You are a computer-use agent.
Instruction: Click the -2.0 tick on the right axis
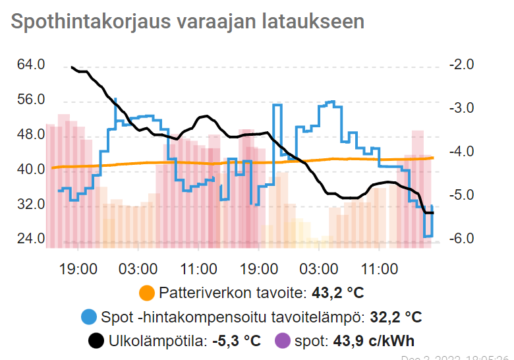(461, 65)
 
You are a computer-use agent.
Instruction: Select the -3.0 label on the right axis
(461, 108)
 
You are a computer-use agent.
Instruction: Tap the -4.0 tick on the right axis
(461, 152)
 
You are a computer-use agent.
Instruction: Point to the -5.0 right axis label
(461, 195)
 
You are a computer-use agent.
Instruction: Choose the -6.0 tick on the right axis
(461, 239)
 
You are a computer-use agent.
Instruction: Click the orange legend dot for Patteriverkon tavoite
(146, 293)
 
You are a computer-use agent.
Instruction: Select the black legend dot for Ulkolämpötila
(96, 341)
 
